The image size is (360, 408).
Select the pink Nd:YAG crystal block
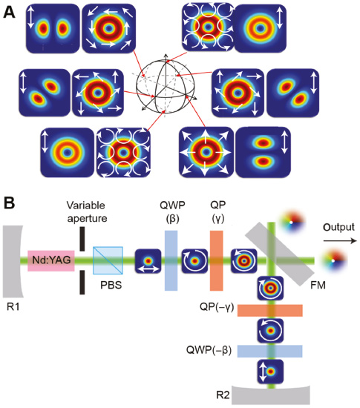[50, 260]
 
